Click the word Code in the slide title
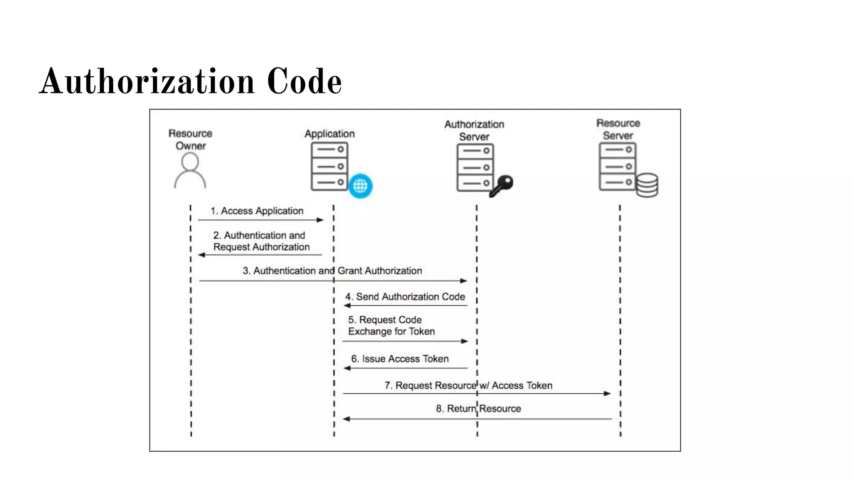point(304,81)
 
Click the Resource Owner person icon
point(190,171)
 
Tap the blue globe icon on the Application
point(360,186)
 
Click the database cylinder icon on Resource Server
point(647,185)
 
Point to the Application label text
point(329,134)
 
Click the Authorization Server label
point(474,130)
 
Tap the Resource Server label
point(618,129)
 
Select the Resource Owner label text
point(190,140)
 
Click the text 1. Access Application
point(257,211)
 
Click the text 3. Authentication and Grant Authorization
point(332,271)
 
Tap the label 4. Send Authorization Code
point(405,297)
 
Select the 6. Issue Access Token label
point(400,359)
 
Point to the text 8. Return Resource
point(478,408)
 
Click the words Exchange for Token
point(392,331)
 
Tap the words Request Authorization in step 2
point(262,247)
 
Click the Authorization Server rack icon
point(475,167)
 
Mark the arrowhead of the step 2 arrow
point(202,255)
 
